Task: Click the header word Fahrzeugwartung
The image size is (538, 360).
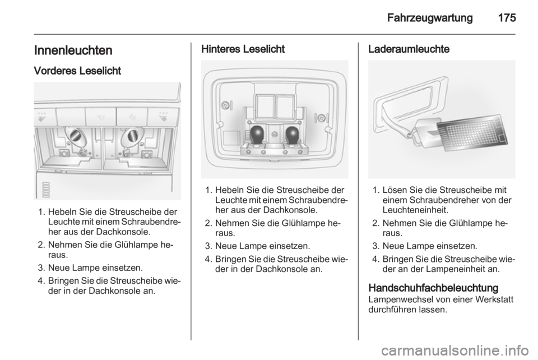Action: pos(430,18)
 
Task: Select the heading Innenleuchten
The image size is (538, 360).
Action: pos(73,50)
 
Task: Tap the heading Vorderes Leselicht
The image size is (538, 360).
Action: pos(77,71)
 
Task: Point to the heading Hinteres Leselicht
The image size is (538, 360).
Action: pos(243,49)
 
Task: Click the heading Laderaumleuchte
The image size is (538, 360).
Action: pos(409,49)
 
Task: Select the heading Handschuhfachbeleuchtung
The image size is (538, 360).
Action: pos(433,288)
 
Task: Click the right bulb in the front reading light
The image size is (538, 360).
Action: pos(131,135)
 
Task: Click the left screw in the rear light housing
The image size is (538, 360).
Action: pos(226,104)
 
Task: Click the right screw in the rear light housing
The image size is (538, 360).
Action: pos(322,118)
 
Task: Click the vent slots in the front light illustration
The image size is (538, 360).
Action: pos(45,190)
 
